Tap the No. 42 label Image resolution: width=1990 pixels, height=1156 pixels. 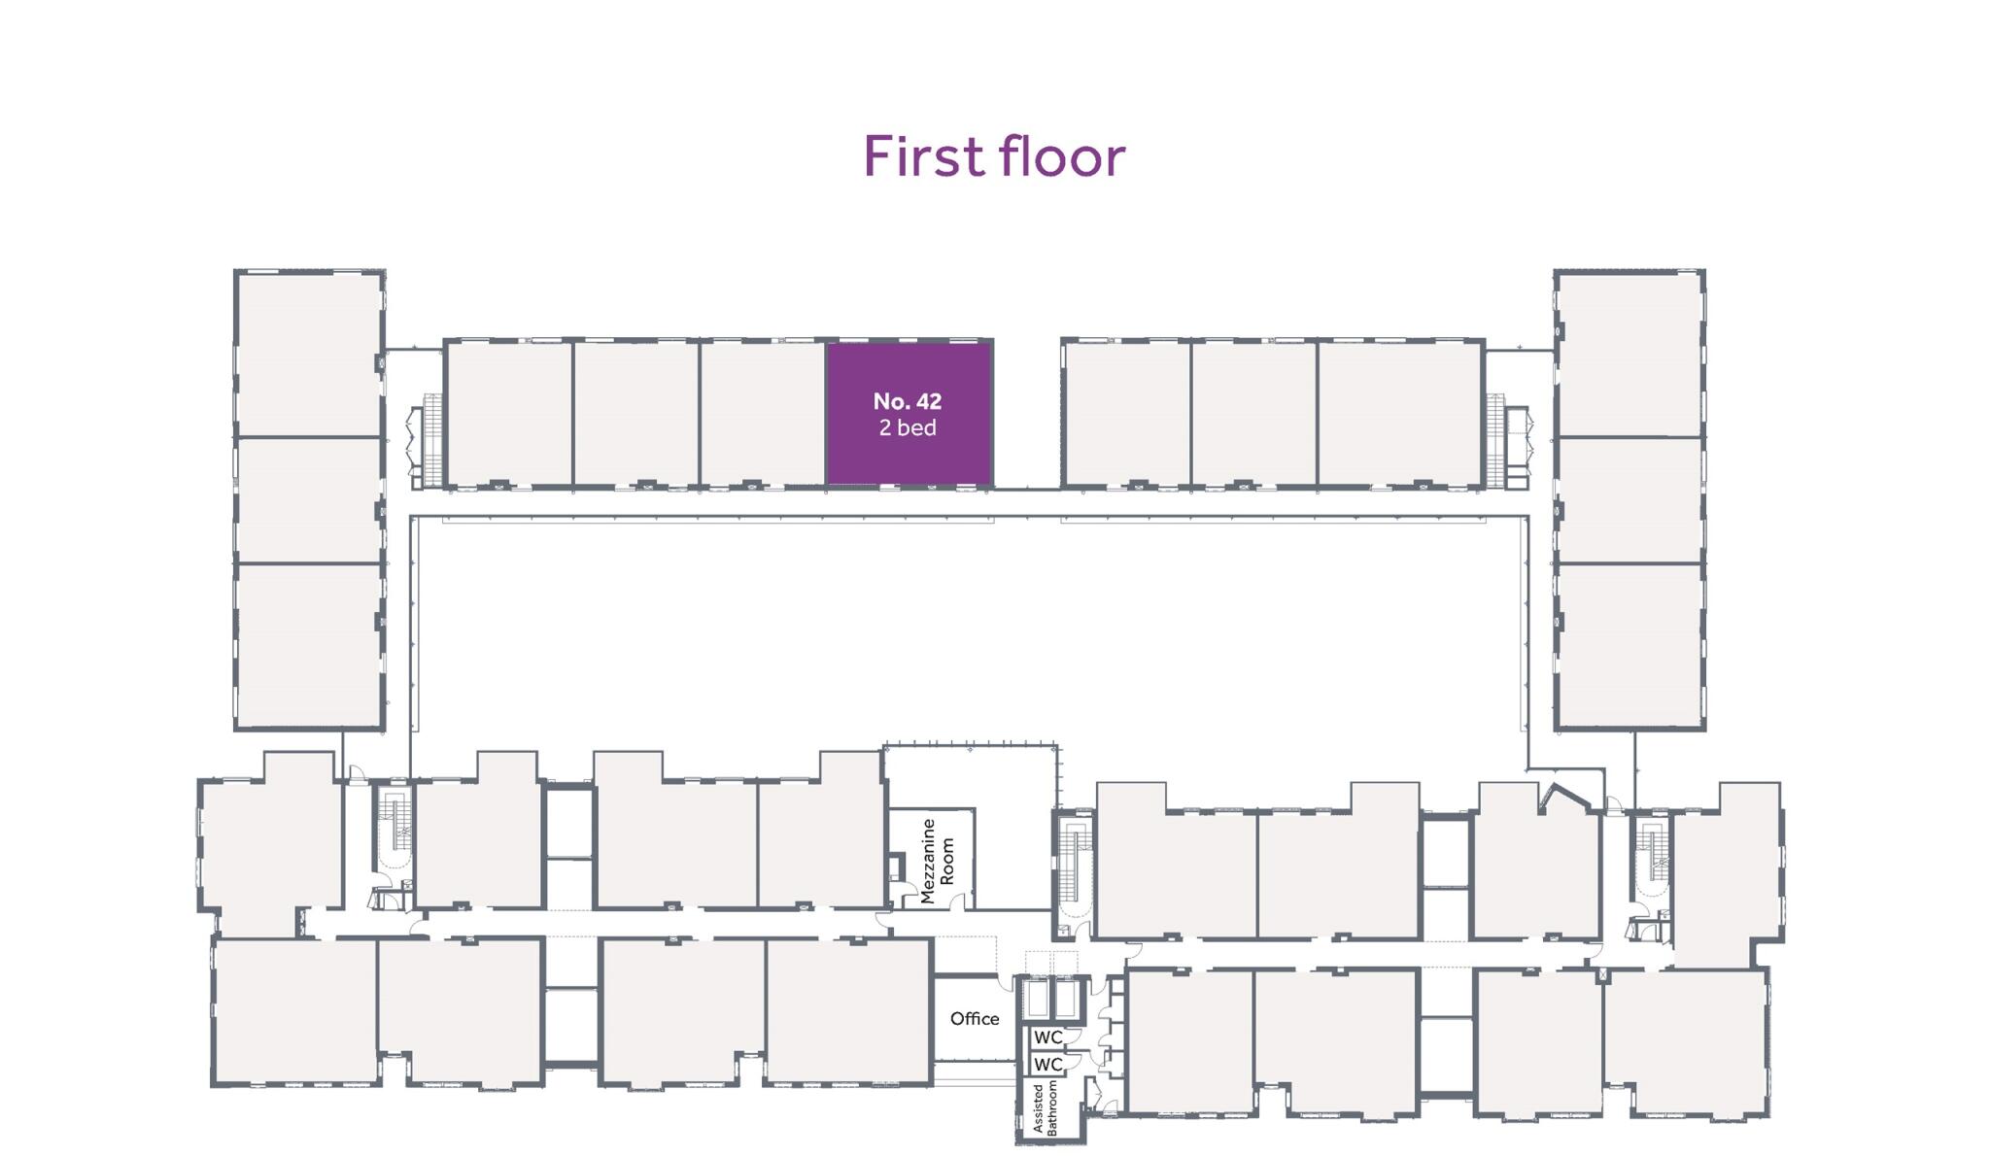[908, 401]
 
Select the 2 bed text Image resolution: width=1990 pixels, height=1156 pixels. [908, 427]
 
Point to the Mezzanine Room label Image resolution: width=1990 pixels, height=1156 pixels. [937, 861]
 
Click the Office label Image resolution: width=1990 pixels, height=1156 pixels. [975, 1018]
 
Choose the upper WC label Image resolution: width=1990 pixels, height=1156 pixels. [1047, 1037]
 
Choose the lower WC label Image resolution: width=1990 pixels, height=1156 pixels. [1047, 1064]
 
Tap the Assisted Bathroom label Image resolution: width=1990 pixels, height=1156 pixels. [1045, 1107]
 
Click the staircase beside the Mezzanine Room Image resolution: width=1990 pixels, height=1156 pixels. [1074, 865]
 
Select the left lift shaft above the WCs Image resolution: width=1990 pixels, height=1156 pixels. [1038, 998]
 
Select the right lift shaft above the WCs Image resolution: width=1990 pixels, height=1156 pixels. [1065, 998]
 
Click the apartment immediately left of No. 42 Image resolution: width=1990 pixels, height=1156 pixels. [762, 413]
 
